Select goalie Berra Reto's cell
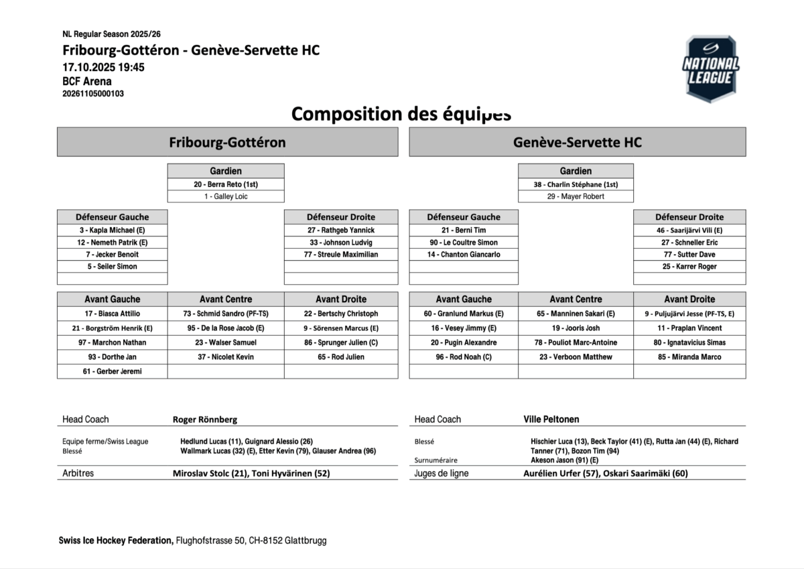point(226,184)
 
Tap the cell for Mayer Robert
point(576,196)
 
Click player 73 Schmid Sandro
point(226,314)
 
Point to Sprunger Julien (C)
point(341,342)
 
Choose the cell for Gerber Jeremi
point(113,371)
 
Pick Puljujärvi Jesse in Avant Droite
point(689,314)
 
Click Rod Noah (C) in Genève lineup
point(464,357)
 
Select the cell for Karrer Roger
point(689,267)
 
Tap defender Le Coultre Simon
point(464,243)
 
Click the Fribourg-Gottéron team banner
point(227,142)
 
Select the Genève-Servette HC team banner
point(577,142)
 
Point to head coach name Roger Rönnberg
point(205,420)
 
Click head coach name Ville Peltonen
point(551,420)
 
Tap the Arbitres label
point(78,473)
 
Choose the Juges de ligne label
point(442,473)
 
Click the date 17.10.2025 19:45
point(103,67)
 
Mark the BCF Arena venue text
point(87,81)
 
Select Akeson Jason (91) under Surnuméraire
point(565,460)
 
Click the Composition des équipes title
point(401,114)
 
